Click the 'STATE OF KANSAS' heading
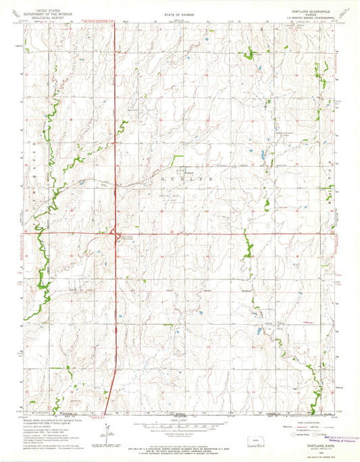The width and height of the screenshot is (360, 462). pos(176,13)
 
